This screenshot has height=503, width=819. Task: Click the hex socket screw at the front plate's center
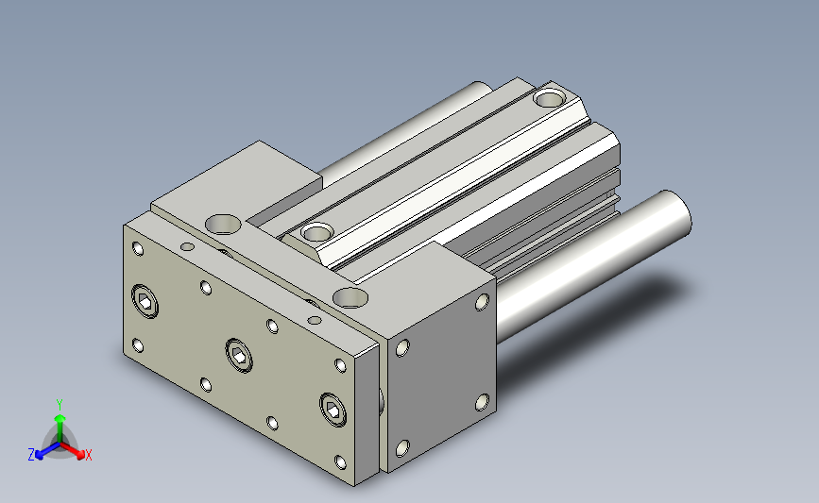point(239,356)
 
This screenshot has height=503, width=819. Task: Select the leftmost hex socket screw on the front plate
point(145,301)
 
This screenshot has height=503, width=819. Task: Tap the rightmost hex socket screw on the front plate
point(333,410)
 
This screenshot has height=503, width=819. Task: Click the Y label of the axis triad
point(60,405)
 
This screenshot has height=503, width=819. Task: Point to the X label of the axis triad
point(88,455)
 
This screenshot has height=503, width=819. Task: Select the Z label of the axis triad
point(31,455)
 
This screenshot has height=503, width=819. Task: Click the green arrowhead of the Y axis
point(60,418)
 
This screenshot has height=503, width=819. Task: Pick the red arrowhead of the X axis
point(80,454)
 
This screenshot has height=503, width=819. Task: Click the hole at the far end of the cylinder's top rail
point(550,98)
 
